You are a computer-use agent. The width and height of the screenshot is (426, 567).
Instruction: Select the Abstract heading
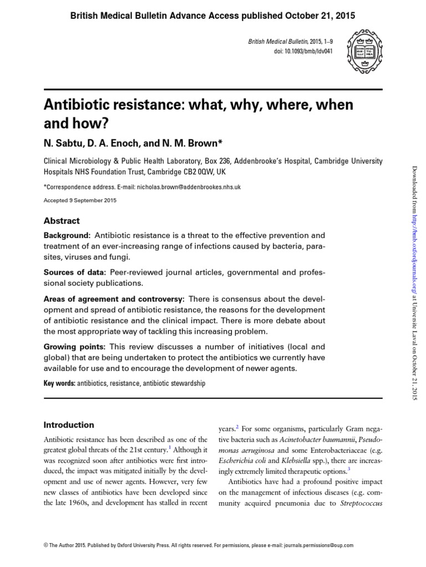coord(62,220)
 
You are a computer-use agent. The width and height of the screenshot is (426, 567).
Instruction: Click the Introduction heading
coord(69,425)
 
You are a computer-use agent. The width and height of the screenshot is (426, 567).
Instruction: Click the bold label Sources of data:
coord(75,272)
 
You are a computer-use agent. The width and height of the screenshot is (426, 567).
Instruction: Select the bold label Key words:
coord(59,383)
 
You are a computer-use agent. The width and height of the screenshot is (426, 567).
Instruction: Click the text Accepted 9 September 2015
coord(80,200)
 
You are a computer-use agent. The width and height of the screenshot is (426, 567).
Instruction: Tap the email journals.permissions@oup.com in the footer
coord(321,545)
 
